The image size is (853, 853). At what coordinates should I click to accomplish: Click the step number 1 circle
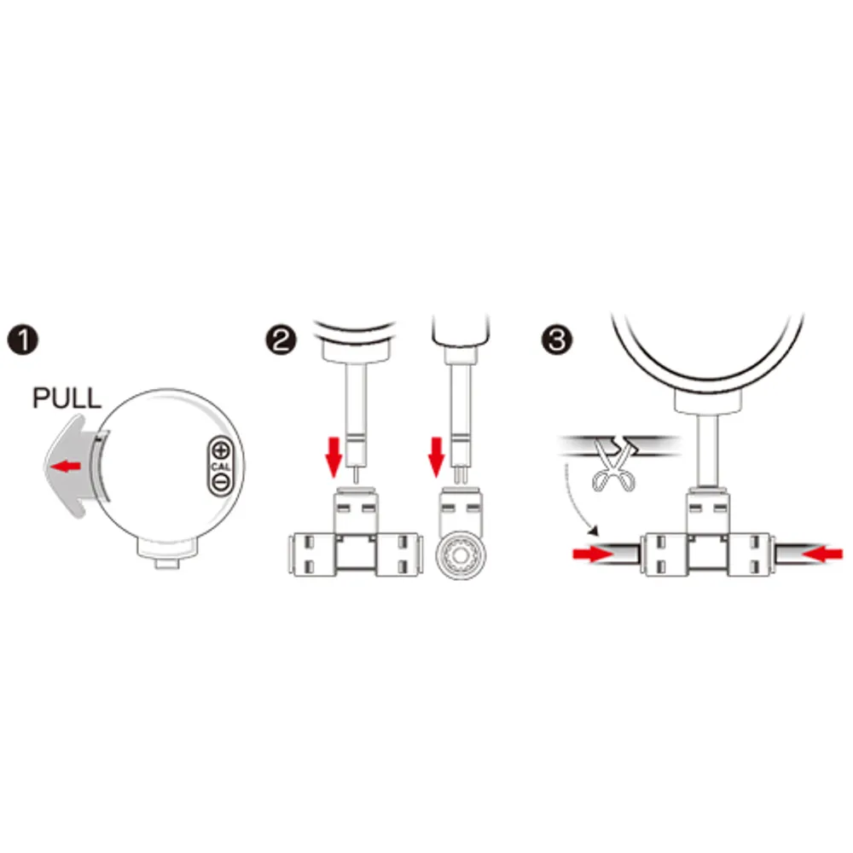pyautogui.click(x=22, y=340)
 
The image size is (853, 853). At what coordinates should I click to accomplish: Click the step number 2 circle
pyautogui.click(x=281, y=340)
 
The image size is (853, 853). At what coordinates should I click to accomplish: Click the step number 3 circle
pyautogui.click(x=557, y=340)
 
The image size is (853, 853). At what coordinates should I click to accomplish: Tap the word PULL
pyautogui.click(x=67, y=398)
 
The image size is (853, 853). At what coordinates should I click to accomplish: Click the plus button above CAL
pyautogui.click(x=220, y=450)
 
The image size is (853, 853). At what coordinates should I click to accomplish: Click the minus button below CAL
pyautogui.click(x=220, y=482)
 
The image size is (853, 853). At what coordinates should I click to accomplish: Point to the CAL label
pyautogui.click(x=220, y=467)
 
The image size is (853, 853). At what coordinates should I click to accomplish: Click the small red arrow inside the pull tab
pyautogui.click(x=65, y=467)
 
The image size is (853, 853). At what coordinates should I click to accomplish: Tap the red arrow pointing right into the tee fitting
pyautogui.click(x=593, y=554)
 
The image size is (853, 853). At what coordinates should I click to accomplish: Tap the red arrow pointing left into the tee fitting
pyautogui.click(x=822, y=554)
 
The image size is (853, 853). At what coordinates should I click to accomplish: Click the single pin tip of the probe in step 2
pyautogui.click(x=356, y=473)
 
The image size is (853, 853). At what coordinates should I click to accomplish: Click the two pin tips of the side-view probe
pyautogui.click(x=461, y=475)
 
